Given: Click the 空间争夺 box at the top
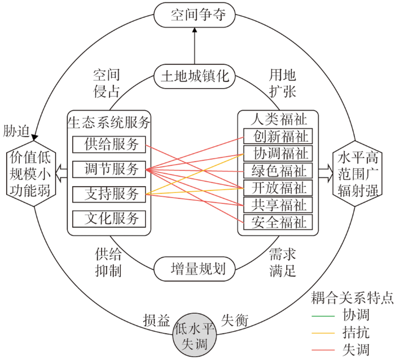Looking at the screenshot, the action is [195, 15].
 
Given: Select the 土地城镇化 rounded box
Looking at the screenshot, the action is [195, 76].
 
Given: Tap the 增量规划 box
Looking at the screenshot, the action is [195, 269].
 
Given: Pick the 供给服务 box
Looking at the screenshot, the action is [109, 144].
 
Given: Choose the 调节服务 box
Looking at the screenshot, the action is [109, 169].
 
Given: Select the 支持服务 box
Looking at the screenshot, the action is [109, 194].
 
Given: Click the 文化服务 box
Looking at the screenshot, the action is [109, 219].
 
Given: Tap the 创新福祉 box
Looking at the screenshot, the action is [278, 136].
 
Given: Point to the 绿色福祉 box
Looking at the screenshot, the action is [278, 170].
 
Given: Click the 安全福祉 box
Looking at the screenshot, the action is [278, 222].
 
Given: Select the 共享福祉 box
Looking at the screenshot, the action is [278, 205].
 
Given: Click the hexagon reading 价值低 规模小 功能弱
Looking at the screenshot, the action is [31, 174].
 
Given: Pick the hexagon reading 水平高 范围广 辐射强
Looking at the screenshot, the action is [357, 174].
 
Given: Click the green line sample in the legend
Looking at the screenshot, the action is [323, 316].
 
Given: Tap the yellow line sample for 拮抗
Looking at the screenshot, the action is [323, 333].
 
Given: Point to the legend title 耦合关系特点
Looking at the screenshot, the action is [352, 298].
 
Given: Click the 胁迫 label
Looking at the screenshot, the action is [16, 131].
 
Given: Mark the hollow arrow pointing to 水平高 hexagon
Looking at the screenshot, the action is [326, 174].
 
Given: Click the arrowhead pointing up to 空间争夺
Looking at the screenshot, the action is [195, 30].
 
